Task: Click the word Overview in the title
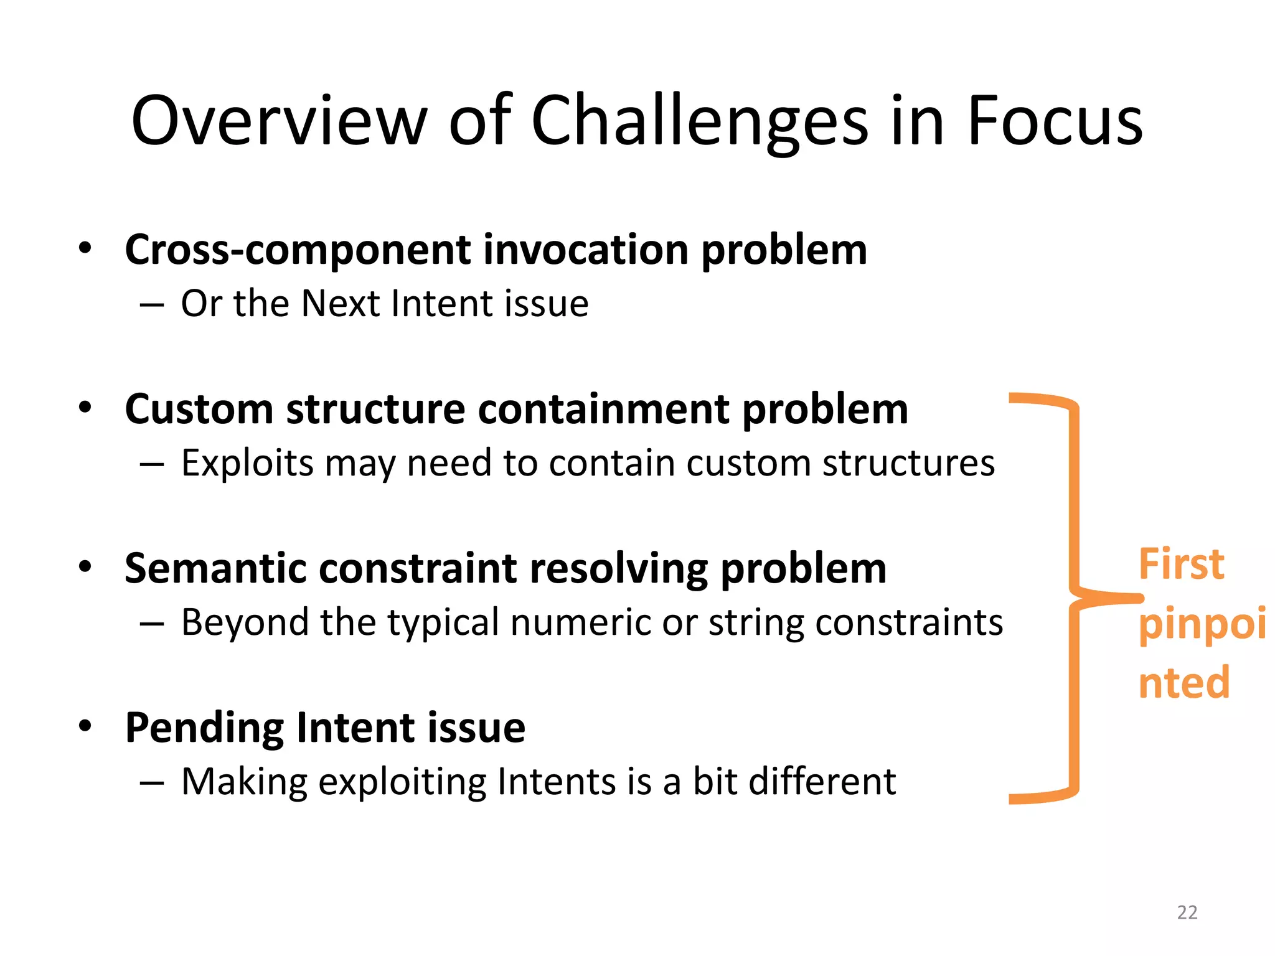click(x=279, y=121)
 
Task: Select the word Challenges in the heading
click(x=699, y=121)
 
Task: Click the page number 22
click(x=1187, y=912)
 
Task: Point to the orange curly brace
click(x=1073, y=597)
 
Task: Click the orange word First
click(x=1181, y=565)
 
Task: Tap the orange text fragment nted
click(x=1184, y=683)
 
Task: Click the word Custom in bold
click(x=199, y=410)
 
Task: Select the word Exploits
click(x=247, y=464)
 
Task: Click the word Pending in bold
click(x=204, y=728)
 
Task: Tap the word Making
click(x=245, y=782)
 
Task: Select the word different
click(x=822, y=782)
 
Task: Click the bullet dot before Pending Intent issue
click(x=85, y=726)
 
